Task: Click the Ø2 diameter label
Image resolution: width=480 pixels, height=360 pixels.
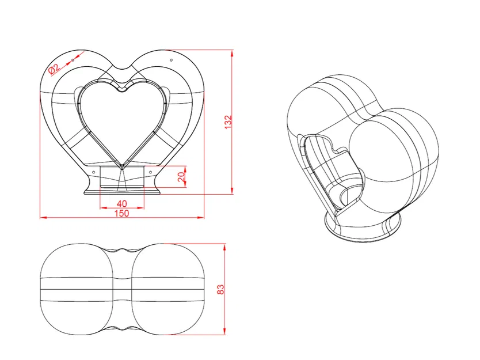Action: click(54, 69)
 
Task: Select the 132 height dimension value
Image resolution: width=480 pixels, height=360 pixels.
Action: click(228, 122)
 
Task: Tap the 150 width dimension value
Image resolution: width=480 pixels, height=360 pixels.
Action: click(121, 213)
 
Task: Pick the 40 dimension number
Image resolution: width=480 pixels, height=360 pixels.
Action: click(122, 203)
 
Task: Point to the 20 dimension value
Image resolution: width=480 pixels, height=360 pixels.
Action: click(181, 176)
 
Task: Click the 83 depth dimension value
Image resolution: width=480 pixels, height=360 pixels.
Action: click(220, 290)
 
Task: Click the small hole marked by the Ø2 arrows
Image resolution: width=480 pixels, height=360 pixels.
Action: click(73, 60)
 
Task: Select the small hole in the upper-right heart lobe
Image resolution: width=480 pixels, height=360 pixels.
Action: click(171, 60)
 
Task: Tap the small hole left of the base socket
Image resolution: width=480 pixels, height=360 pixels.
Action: click(94, 172)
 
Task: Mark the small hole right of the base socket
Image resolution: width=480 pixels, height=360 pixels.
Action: click(150, 172)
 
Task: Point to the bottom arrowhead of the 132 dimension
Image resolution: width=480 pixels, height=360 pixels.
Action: click(232, 191)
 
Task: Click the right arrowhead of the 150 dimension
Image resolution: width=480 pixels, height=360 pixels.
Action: click(200, 218)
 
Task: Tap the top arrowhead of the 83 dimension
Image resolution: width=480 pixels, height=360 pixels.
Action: click(224, 248)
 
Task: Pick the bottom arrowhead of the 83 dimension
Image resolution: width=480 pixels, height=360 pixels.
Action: click(224, 331)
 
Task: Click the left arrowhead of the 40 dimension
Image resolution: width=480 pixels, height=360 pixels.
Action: click(104, 208)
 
